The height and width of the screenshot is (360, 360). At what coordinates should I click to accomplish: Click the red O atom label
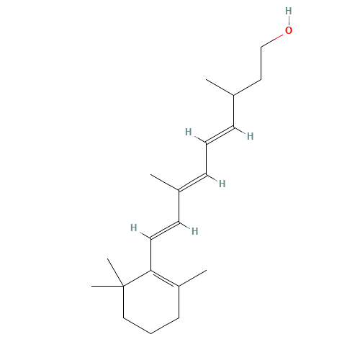[289, 30]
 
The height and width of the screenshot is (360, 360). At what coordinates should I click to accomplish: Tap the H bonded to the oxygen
[288, 11]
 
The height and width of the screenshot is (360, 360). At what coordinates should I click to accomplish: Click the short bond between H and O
[288, 21]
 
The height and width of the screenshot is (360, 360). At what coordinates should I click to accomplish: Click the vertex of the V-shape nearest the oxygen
[234, 95]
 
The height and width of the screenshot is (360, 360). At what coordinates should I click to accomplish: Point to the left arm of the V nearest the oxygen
[221, 87]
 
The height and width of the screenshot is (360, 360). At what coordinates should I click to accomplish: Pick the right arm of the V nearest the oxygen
[248, 87]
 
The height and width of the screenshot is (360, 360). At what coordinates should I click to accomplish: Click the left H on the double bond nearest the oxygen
[188, 132]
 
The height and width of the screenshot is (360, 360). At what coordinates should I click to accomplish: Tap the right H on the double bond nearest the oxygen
[249, 135]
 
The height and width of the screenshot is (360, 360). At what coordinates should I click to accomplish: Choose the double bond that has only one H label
[192, 183]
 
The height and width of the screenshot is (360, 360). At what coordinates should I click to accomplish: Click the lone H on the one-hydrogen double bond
[222, 184]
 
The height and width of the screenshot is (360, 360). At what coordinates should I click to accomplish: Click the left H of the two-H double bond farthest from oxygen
[133, 228]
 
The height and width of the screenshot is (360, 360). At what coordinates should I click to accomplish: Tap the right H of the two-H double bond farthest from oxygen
[194, 231]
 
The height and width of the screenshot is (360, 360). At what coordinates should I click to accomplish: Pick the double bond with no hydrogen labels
[165, 280]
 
